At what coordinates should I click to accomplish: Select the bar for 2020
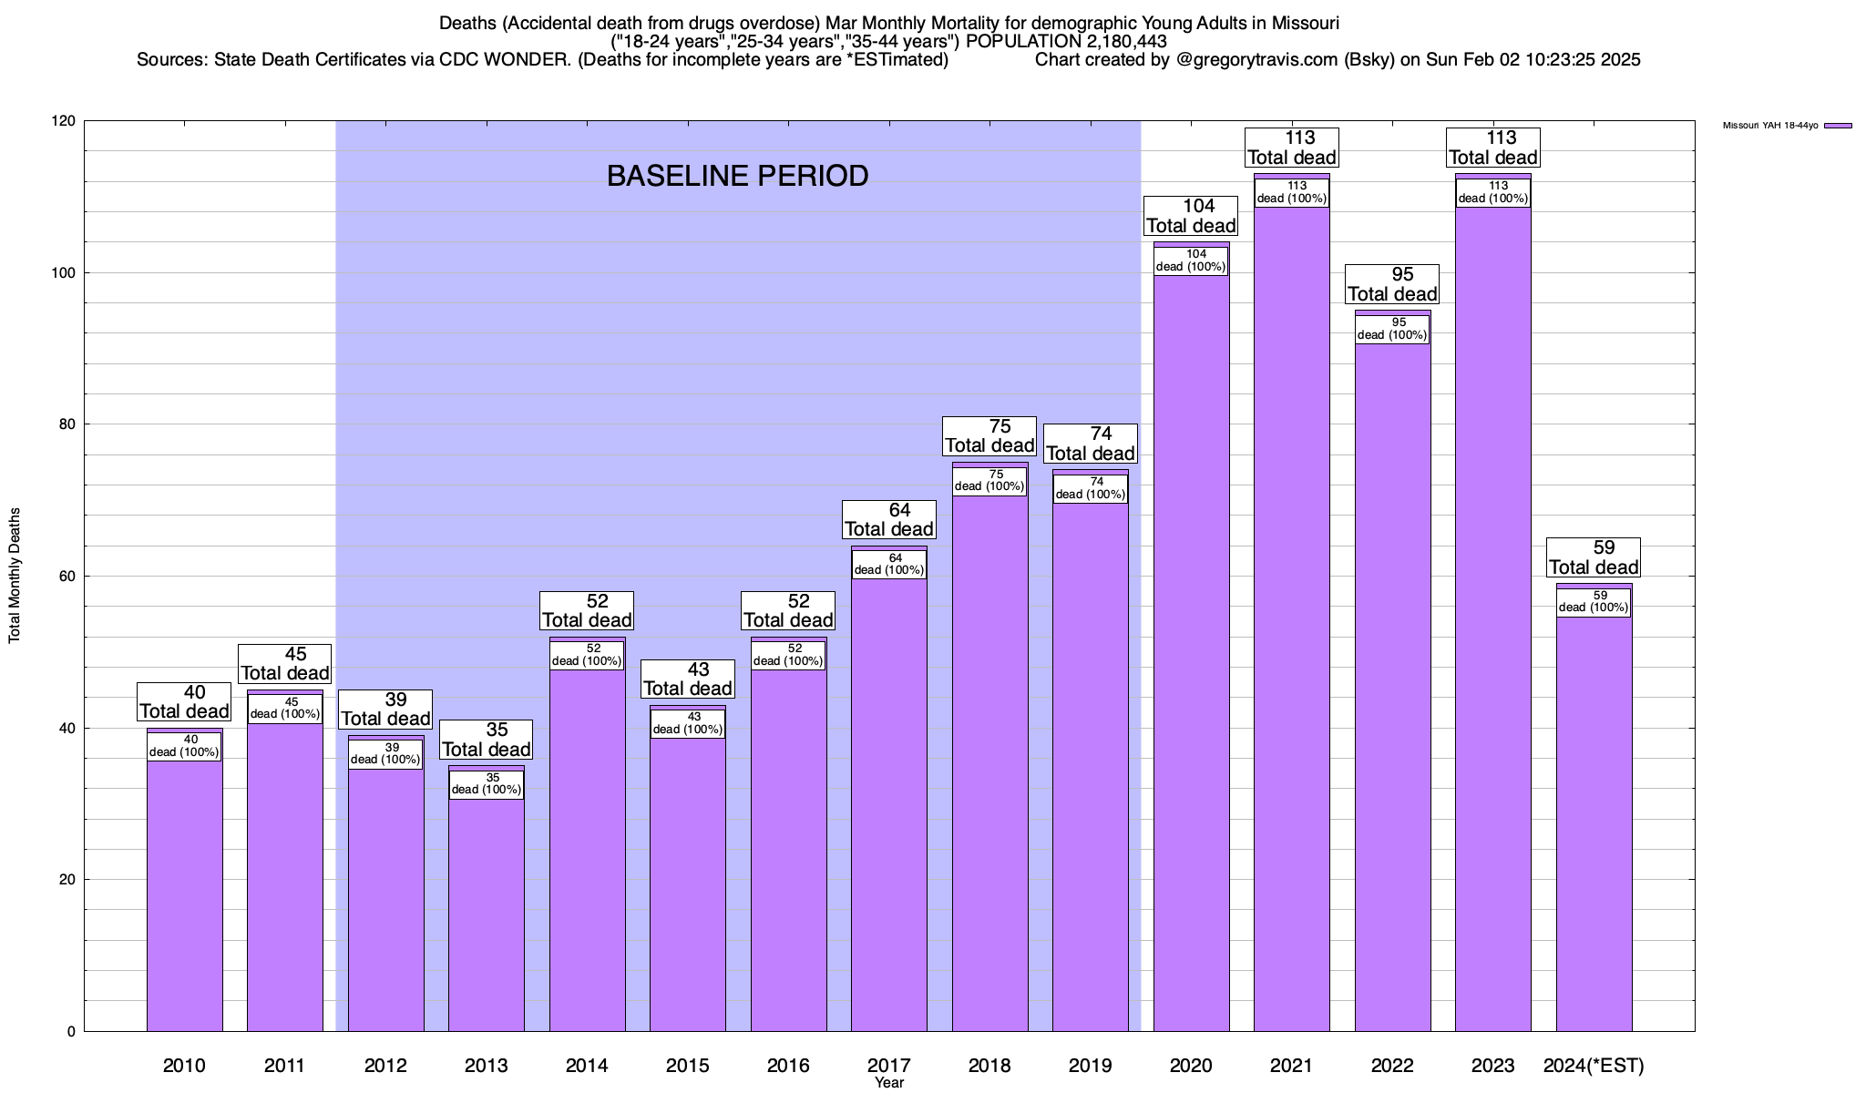[x=1191, y=656]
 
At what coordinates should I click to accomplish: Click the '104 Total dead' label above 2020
[x=1191, y=216]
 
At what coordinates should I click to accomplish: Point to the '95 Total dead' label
[x=1392, y=284]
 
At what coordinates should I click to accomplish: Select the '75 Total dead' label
[x=989, y=435]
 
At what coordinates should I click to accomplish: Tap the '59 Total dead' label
[x=1594, y=557]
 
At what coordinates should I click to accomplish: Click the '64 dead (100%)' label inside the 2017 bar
[x=889, y=564]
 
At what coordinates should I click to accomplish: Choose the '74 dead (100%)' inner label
[x=1091, y=488]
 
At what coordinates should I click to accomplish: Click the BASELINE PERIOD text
[x=737, y=176]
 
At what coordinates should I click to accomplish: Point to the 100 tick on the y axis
[x=67, y=273]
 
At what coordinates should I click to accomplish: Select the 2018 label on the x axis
[x=989, y=1065]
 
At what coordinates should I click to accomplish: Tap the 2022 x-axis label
[x=1392, y=1065]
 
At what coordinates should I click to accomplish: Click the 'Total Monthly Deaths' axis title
[x=15, y=576]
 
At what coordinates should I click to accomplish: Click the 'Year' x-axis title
[x=888, y=1083]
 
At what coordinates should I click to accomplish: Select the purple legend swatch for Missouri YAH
[x=1839, y=126]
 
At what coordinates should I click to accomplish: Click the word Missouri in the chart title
[x=1303, y=23]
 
